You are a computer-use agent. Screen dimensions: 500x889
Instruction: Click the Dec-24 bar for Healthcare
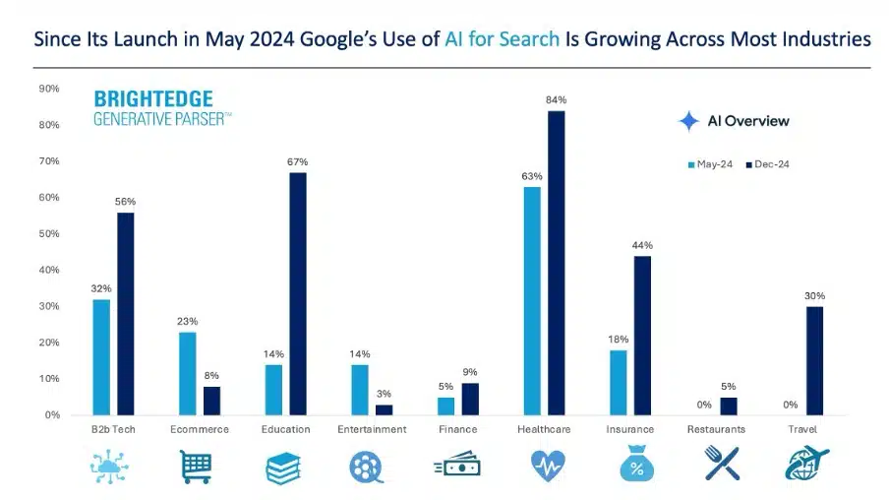[557, 263]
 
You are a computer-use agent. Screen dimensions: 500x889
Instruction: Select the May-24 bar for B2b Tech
[101, 356]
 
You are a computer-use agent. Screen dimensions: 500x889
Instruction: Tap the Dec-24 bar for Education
[297, 293]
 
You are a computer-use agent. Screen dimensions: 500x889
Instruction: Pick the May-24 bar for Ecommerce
[187, 373]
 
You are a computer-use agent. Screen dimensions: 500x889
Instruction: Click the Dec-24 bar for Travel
[814, 360]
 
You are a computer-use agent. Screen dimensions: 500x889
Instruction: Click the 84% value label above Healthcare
[557, 99]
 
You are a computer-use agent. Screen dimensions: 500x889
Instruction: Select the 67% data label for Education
[297, 161]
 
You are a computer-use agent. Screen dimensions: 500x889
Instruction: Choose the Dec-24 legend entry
[767, 164]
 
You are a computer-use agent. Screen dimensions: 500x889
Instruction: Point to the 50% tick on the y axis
[48, 233]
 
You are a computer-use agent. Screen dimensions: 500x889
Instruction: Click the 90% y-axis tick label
[48, 89]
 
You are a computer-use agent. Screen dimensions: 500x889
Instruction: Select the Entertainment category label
[372, 429]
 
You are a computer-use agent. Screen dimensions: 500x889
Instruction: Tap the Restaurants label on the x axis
[716, 429]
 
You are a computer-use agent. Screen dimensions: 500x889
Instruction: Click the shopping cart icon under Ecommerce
[197, 465]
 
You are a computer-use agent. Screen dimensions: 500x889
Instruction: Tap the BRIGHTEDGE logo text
[152, 98]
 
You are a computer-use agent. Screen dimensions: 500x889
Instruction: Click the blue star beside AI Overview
[689, 121]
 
